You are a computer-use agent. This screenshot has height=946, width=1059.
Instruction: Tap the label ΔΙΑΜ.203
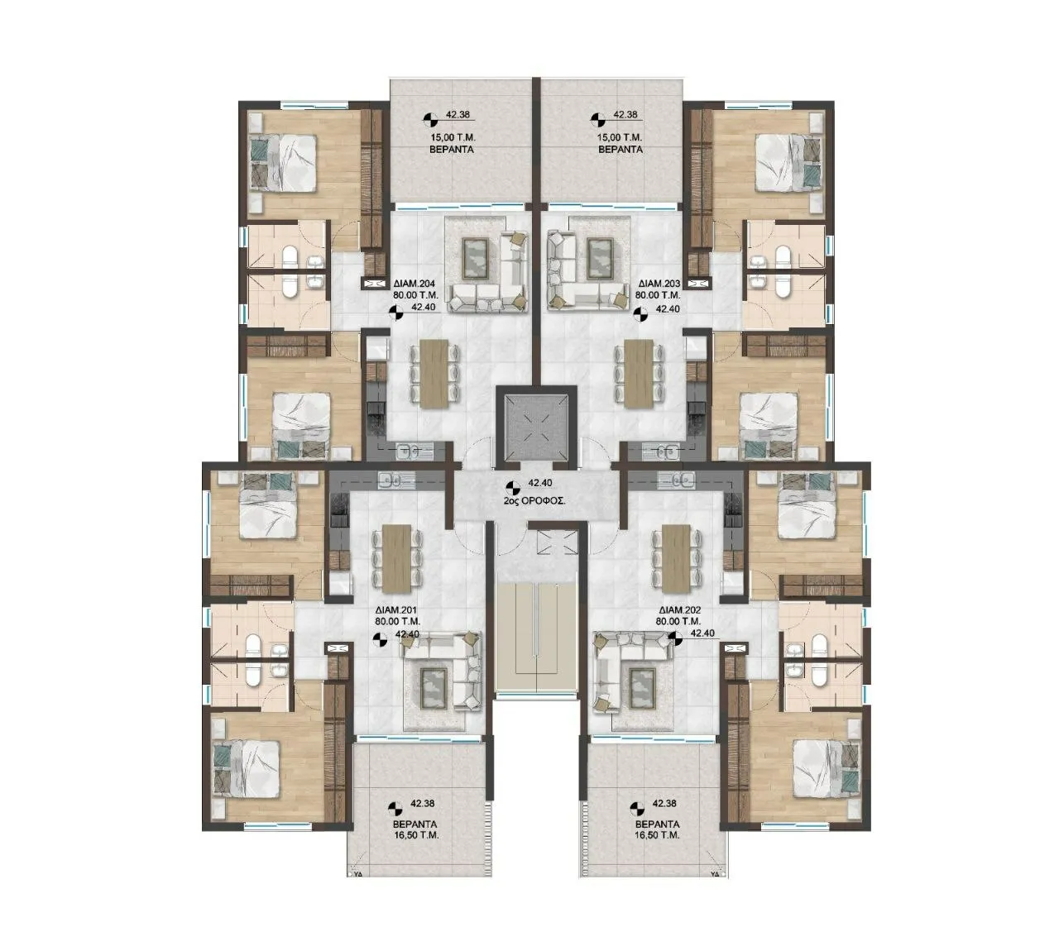(658, 284)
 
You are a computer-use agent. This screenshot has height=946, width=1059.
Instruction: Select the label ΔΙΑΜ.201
(397, 610)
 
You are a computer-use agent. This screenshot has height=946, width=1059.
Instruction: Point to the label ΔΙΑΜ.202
(680, 610)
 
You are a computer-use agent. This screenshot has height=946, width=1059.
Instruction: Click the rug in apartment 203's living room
(600, 258)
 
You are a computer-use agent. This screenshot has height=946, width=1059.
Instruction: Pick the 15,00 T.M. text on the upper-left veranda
(451, 138)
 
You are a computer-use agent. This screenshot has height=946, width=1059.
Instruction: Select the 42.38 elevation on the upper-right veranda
(625, 114)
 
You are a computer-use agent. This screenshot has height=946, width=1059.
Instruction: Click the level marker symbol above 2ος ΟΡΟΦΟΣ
(515, 488)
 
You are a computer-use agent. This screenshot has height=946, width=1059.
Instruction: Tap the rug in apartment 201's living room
(432, 687)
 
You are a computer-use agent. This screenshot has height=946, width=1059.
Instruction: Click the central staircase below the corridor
(537, 635)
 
